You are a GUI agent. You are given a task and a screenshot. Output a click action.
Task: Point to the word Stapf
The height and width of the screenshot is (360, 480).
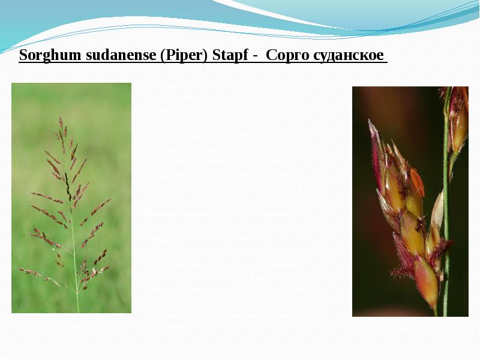click(230, 56)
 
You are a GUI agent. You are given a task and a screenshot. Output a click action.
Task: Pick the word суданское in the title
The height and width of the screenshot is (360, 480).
click(349, 56)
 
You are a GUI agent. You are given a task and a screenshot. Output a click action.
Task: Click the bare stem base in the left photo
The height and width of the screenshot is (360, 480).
click(77, 303)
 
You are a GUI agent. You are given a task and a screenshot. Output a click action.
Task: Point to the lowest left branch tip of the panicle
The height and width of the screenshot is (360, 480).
click(20, 269)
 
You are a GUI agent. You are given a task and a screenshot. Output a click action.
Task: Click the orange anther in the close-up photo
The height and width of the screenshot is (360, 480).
click(417, 182)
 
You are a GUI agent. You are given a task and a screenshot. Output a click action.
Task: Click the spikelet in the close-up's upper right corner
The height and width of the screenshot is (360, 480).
click(459, 120)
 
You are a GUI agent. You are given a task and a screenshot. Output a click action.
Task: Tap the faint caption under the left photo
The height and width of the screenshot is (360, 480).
click(71, 329)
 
